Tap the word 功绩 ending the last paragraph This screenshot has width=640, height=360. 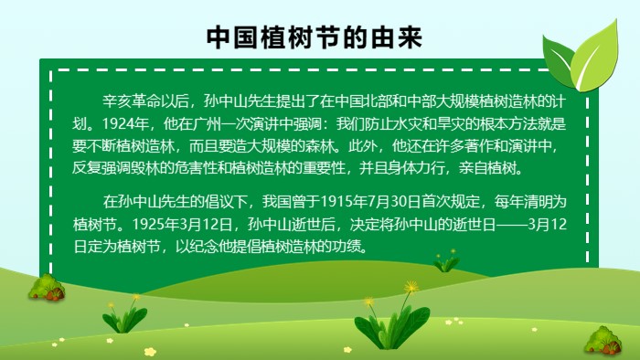point(347,247)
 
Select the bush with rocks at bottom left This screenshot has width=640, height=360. point(46,288)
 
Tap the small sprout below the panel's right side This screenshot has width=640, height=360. point(446,262)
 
